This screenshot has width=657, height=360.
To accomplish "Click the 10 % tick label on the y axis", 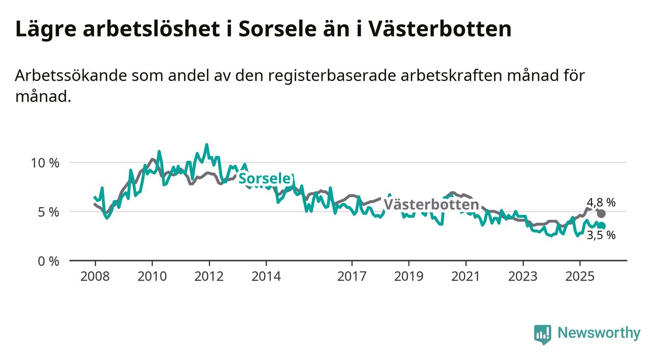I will [x=45, y=162].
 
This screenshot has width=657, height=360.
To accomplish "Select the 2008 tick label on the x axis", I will [x=95, y=276].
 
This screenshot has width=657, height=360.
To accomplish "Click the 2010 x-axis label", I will [x=152, y=276].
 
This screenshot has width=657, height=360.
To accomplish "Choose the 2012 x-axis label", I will [x=209, y=276].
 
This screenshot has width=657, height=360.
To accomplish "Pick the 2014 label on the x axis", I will [x=266, y=276].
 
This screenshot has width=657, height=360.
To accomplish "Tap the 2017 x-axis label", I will [x=352, y=276].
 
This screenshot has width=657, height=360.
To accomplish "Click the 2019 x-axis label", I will [x=408, y=276].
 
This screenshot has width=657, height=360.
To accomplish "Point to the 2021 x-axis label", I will [x=465, y=276].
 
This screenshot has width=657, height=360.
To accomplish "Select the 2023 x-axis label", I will [x=523, y=276].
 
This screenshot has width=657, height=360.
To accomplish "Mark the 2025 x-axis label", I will [x=580, y=276].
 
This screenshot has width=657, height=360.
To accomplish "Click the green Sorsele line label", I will [x=265, y=179].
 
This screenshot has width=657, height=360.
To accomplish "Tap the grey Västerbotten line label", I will [x=430, y=205].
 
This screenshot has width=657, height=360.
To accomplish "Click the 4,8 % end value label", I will [x=601, y=202].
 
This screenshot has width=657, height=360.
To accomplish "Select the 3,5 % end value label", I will [x=601, y=235].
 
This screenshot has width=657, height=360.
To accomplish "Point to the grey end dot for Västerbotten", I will [x=601, y=213].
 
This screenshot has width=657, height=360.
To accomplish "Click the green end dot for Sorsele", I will [x=602, y=226].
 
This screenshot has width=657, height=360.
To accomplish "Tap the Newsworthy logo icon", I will [x=542, y=334].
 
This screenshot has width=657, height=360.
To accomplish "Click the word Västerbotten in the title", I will [x=439, y=29].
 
